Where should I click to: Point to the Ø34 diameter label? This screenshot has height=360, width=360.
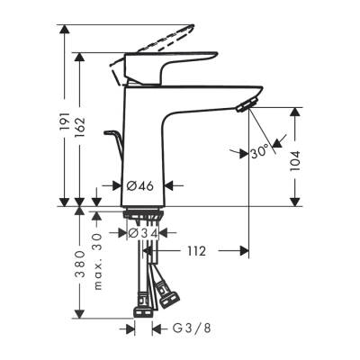coord(144,234)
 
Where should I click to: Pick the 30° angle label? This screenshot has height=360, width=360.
coord(260,152)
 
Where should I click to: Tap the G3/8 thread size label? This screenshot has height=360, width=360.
coord(184,330)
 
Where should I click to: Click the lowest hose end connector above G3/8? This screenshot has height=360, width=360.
coord(143,312)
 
